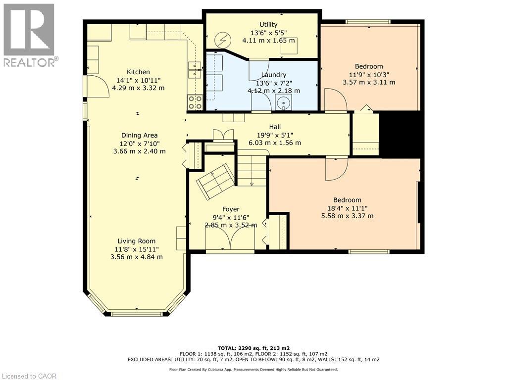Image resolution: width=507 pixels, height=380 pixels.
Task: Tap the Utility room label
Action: click(x=268, y=25)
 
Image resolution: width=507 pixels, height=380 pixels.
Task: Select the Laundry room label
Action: click(x=274, y=75)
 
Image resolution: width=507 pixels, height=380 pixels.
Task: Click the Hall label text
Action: click(x=275, y=127)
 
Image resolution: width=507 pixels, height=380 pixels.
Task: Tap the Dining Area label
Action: click(x=139, y=135)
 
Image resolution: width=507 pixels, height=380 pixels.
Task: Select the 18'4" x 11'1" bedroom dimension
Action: click(x=347, y=208)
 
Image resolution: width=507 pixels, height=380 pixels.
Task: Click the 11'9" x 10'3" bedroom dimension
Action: click(x=369, y=74)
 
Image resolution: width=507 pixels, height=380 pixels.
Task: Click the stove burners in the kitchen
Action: click(x=195, y=102)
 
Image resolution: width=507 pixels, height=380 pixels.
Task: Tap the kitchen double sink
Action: click(x=195, y=70)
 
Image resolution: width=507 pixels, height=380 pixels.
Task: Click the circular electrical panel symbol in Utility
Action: click(x=221, y=39)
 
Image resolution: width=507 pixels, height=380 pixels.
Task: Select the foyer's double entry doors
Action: click(x=230, y=240)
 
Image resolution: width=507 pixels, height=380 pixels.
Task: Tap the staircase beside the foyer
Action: click(x=252, y=171)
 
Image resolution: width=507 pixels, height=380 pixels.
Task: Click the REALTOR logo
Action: click(x=29, y=35)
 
